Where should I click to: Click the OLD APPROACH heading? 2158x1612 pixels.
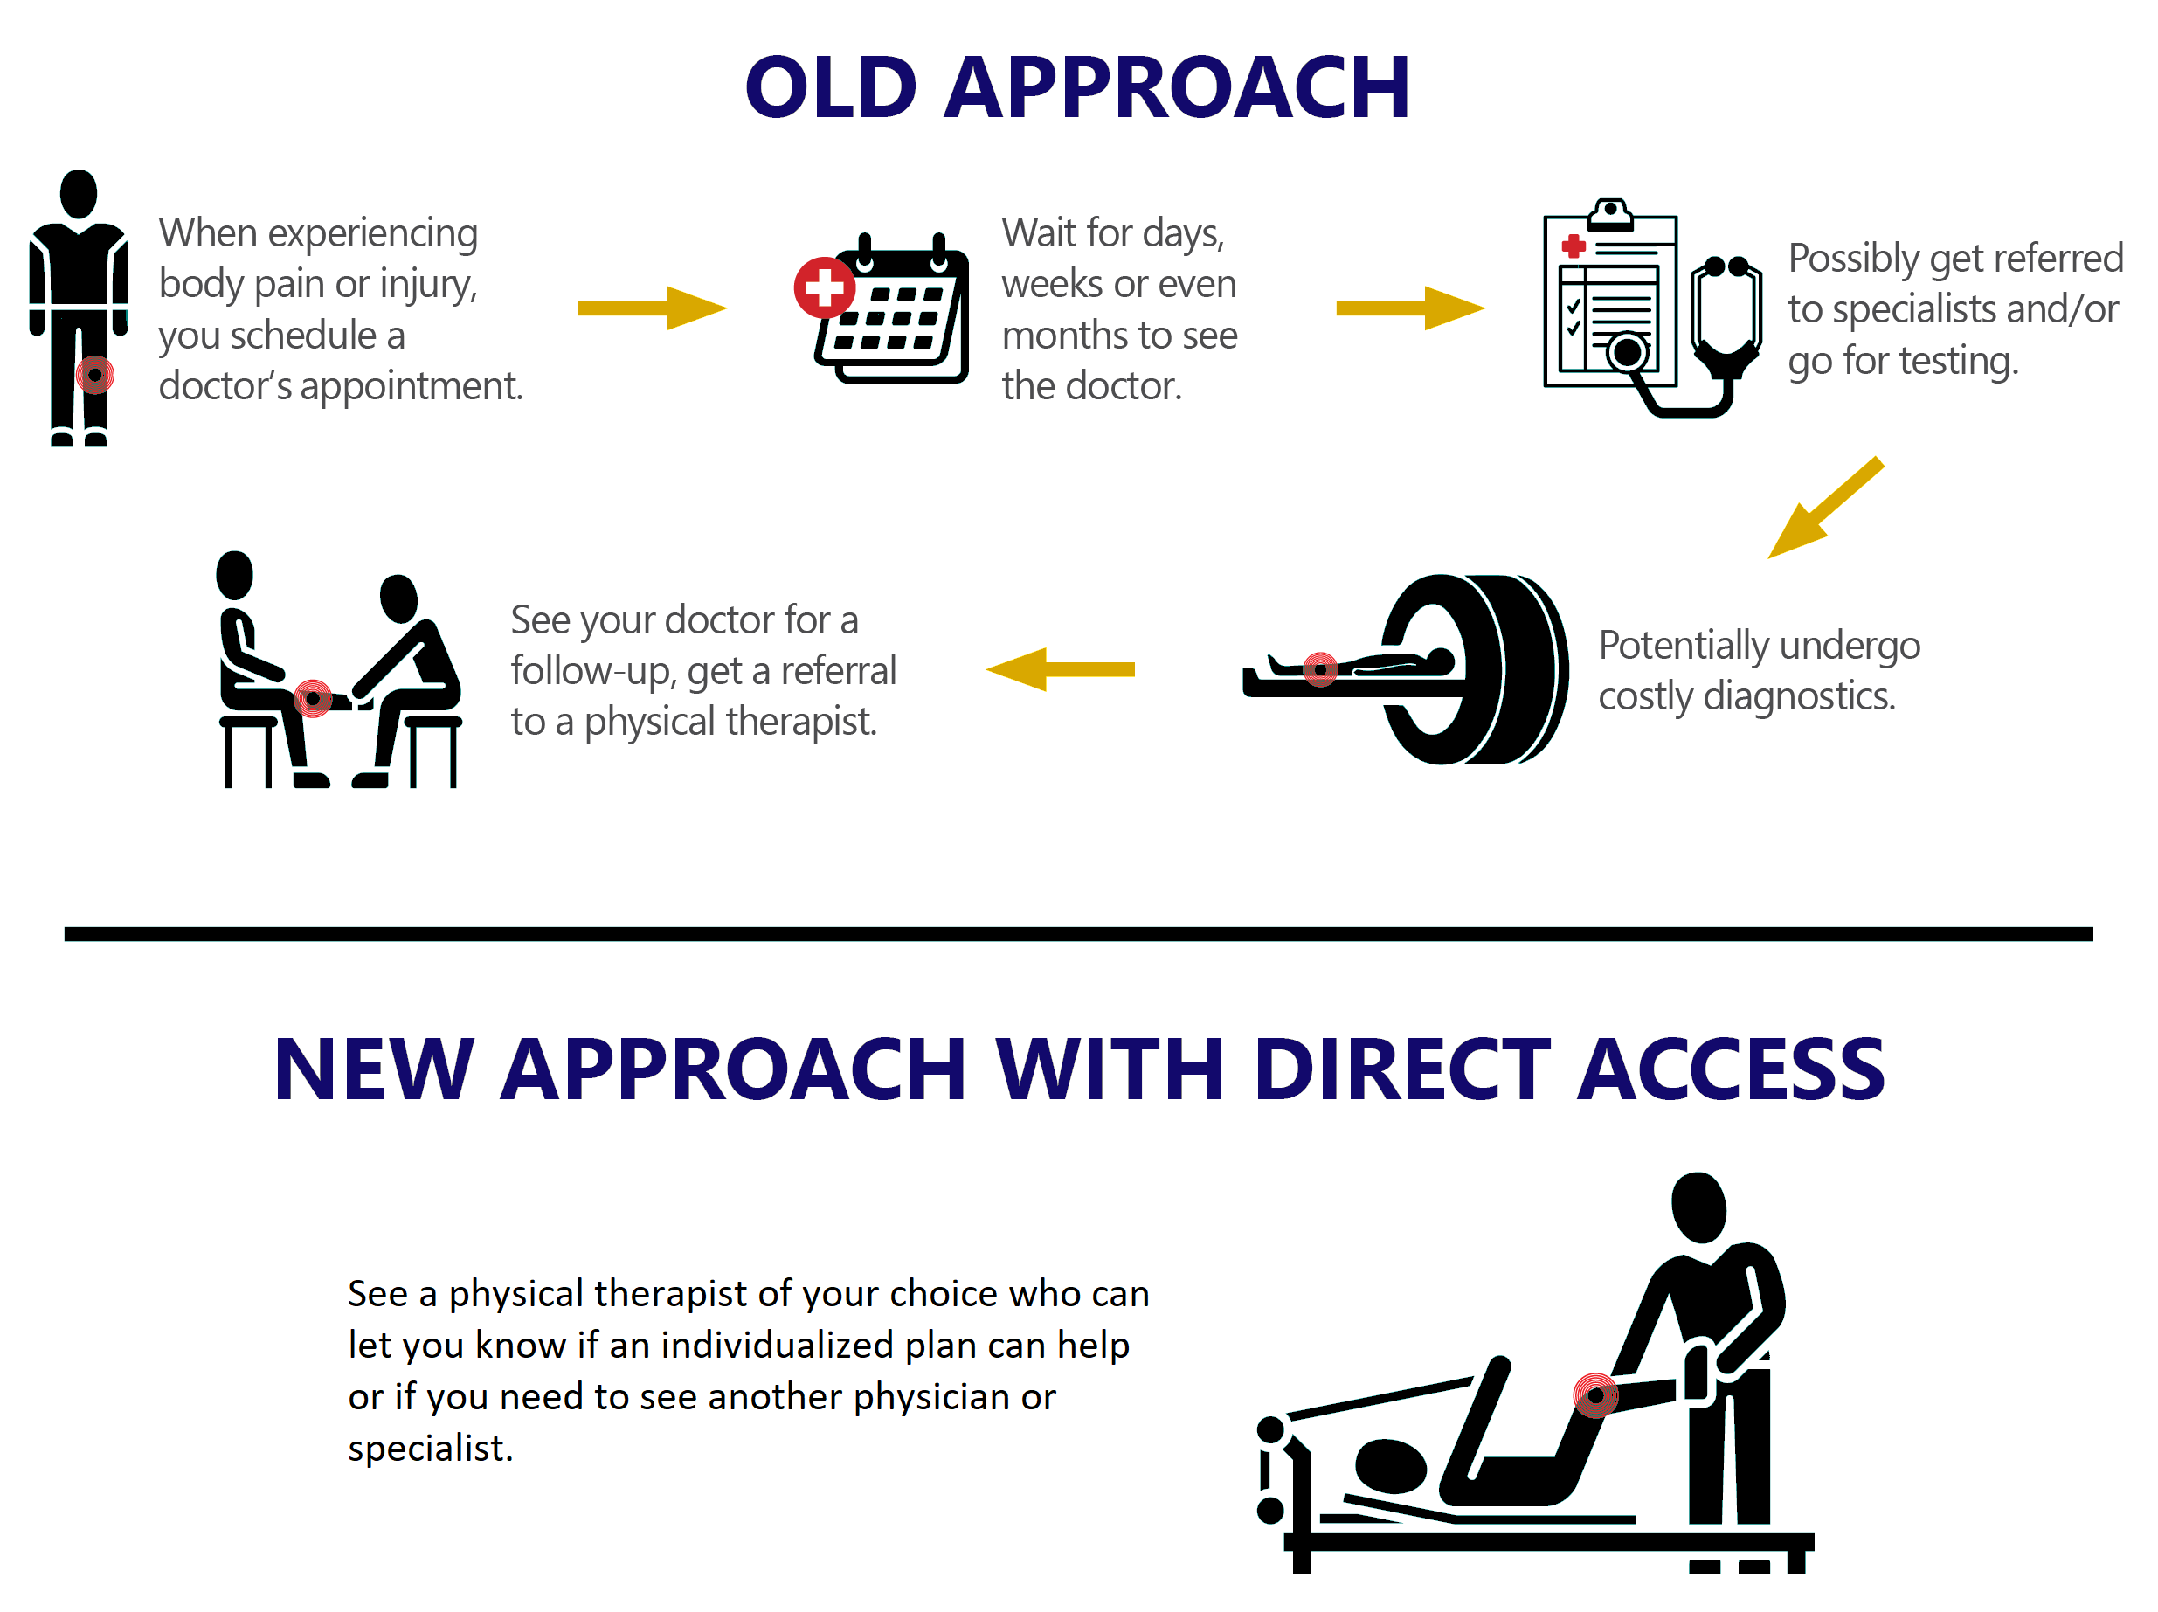(x=1077, y=88)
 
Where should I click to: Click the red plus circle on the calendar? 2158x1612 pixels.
(x=825, y=287)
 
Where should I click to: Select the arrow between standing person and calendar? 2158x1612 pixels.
(x=652, y=308)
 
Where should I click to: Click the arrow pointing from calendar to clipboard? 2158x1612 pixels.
(x=1410, y=308)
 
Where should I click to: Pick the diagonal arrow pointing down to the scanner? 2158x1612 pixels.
(x=1825, y=508)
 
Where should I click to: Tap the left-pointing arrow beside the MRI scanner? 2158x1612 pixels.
(x=1061, y=669)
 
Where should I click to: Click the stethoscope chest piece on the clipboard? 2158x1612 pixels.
(x=1629, y=352)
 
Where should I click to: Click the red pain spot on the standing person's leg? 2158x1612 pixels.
(x=94, y=375)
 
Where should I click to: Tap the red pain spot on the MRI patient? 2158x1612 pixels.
(x=1320, y=669)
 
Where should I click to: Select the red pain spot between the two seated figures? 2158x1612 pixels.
(x=312, y=699)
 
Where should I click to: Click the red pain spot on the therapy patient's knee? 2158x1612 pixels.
(x=1596, y=1395)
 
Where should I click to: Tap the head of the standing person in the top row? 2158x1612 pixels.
(x=78, y=194)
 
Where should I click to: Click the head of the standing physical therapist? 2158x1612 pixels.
(x=1698, y=1207)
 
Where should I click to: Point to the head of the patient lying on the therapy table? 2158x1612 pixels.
(x=1391, y=1465)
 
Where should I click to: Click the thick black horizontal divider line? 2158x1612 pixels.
(x=1078, y=934)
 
